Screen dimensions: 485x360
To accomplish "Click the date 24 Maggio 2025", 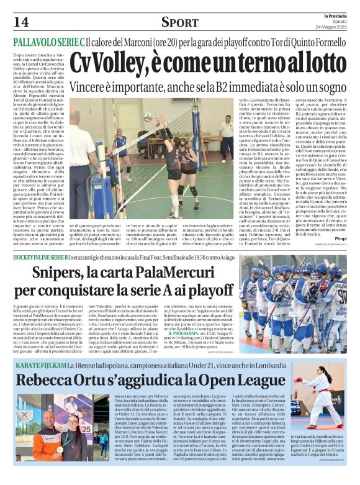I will click(x=333, y=25).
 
